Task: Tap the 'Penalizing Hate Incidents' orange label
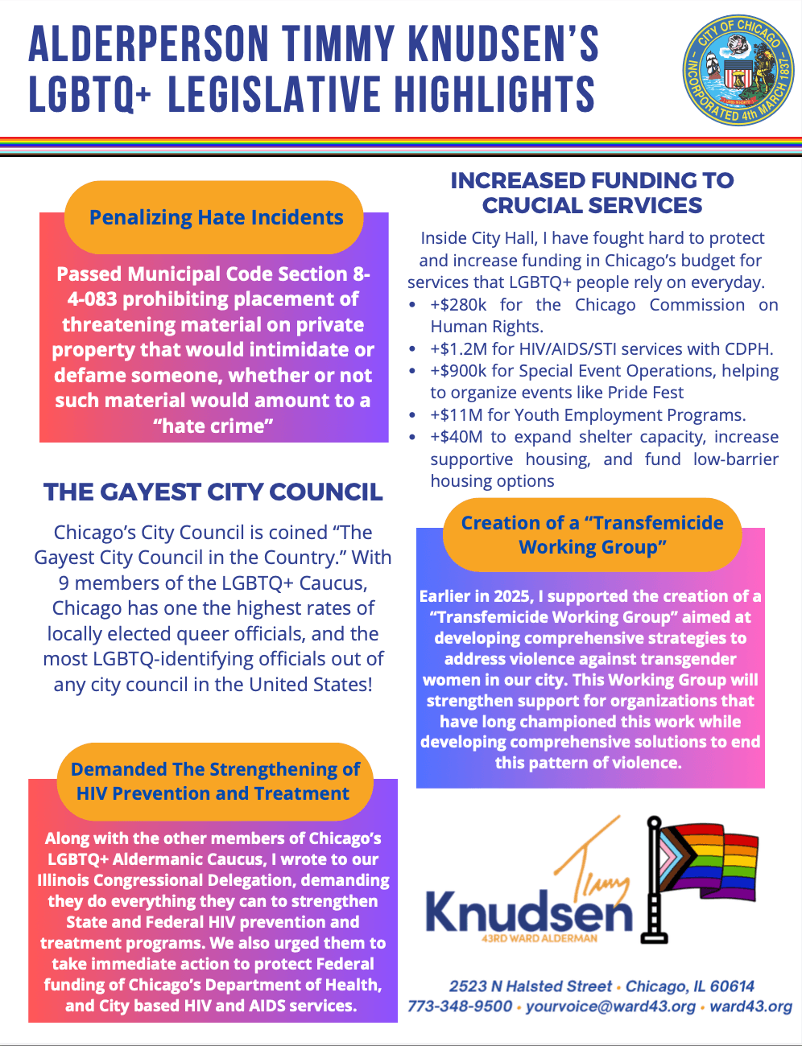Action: pos(216,217)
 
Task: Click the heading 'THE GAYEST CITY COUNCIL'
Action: pos(213,492)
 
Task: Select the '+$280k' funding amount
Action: pos(458,305)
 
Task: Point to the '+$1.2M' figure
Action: pos(455,349)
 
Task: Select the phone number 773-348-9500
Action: pos(459,1007)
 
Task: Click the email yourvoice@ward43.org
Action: pos(610,1007)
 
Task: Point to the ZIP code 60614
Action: pos(732,986)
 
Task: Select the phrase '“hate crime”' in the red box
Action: pos(213,426)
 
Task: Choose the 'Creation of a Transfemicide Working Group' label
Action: pos(592,535)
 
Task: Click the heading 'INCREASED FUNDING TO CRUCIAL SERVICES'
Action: pos(592,192)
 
